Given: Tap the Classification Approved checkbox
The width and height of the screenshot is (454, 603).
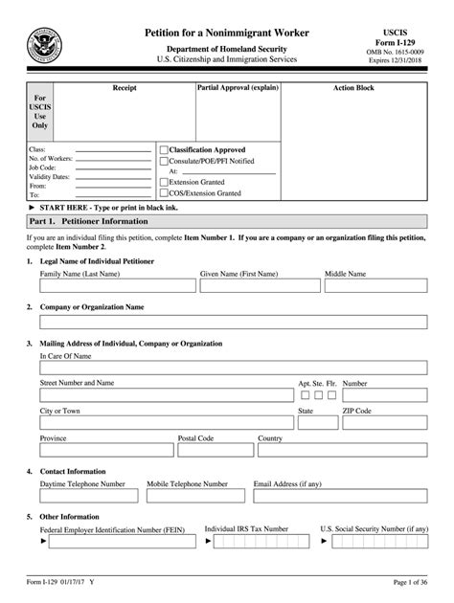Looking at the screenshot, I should pyautogui.click(x=164, y=150).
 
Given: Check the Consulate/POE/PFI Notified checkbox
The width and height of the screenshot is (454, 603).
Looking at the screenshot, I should pyautogui.click(x=164, y=161).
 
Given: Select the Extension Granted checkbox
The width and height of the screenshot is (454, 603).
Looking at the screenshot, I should pyautogui.click(x=164, y=182).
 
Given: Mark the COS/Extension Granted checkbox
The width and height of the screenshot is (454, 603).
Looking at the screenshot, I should pyautogui.click(x=164, y=192).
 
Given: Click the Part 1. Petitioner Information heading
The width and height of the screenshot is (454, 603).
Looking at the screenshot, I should pyautogui.click(x=82, y=220).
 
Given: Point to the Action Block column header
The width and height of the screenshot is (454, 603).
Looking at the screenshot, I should pyautogui.click(x=353, y=88).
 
